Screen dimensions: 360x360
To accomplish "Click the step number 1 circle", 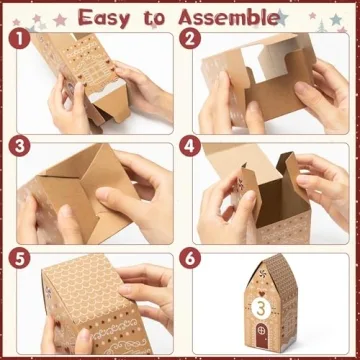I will (15, 40).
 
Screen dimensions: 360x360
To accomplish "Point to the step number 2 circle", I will (191, 40).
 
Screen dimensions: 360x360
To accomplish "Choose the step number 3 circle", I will (15, 145).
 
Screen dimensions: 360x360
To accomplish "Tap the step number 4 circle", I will (191, 145).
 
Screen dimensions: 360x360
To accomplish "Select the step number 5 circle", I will (15, 257).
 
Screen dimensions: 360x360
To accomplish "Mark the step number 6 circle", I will (191, 257).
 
